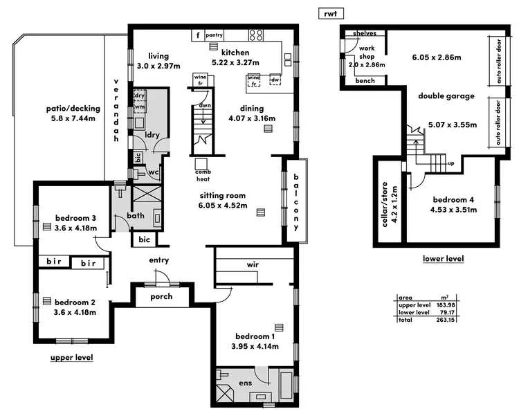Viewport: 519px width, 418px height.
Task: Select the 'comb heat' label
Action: [203, 174]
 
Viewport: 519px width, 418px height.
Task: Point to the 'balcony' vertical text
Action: [295, 201]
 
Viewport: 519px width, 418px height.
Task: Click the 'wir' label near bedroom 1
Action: [253, 264]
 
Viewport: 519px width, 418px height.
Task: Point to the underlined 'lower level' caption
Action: [443, 259]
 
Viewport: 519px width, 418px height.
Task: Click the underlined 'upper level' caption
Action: [71, 357]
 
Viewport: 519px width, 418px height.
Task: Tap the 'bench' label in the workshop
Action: [365, 81]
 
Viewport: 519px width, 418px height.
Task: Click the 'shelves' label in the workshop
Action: [364, 33]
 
